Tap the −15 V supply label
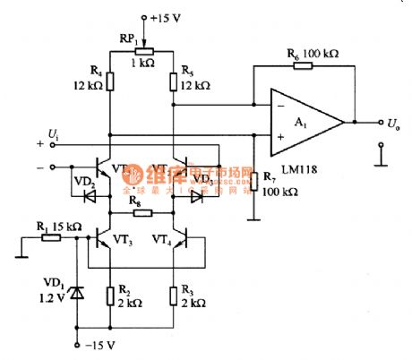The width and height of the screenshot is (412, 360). tap(100, 346)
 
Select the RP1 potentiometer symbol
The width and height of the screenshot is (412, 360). tap(142, 52)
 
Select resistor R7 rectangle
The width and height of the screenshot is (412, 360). tap(253, 183)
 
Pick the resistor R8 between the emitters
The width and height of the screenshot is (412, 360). tap(142, 213)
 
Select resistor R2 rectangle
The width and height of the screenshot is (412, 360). tap(109, 295)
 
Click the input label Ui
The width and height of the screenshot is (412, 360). tap(54, 134)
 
